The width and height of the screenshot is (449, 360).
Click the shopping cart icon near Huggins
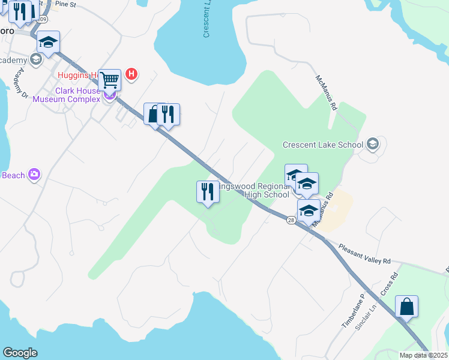pos(109,79)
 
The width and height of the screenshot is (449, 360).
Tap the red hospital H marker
pos(132,75)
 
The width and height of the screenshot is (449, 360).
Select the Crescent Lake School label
pos(323,145)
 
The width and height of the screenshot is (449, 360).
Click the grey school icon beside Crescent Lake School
pos(373,143)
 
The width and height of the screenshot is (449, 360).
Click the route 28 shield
pos(291,221)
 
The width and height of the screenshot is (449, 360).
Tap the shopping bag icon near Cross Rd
pos(406,307)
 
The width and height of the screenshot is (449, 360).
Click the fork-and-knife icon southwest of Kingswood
pos(207,192)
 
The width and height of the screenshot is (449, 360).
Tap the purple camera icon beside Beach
pos(34,175)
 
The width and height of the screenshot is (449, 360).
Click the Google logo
pos(20,353)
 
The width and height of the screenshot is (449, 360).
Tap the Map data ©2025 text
pos(424,355)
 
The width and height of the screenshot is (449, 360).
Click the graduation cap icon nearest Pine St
pos(48,42)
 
